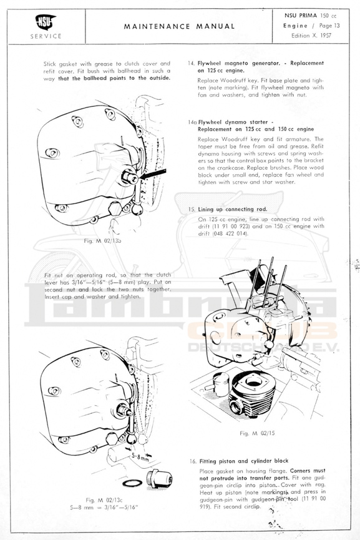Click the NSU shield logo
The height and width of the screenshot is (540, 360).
click(x=46, y=22)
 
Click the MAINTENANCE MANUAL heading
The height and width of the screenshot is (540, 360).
click(x=179, y=26)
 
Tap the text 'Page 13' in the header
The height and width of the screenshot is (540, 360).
click(x=329, y=26)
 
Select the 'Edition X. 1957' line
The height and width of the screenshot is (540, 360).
click(x=311, y=36)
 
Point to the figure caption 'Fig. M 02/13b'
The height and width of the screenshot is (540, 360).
click(x=102, y=241)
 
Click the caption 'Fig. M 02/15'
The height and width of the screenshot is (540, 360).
click(x=257, y=433)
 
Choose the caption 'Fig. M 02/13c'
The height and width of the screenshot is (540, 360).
click(x=104, y=500)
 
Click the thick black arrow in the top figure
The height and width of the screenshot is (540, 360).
click(x=153, y=174)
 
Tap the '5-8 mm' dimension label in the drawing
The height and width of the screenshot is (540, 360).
click(x=140, y=456)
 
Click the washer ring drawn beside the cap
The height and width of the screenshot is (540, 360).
click(x=132, y=483)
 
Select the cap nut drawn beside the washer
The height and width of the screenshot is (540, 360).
click(x=158, y=478)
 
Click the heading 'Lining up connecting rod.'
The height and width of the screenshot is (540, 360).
click(x=232, y=209)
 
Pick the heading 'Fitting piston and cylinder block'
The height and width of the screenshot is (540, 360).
click(x=244, y=461)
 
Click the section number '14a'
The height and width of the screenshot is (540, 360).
click(x=192, y=122)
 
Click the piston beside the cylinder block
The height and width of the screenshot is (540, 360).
click(x=220, y=384)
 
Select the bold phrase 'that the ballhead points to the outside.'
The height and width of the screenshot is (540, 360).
click(x=114, y=78)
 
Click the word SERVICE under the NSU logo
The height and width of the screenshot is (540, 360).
click(x=46, y=36)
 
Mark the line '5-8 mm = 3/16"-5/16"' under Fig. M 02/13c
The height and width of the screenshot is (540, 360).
click(x=104, y=508)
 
